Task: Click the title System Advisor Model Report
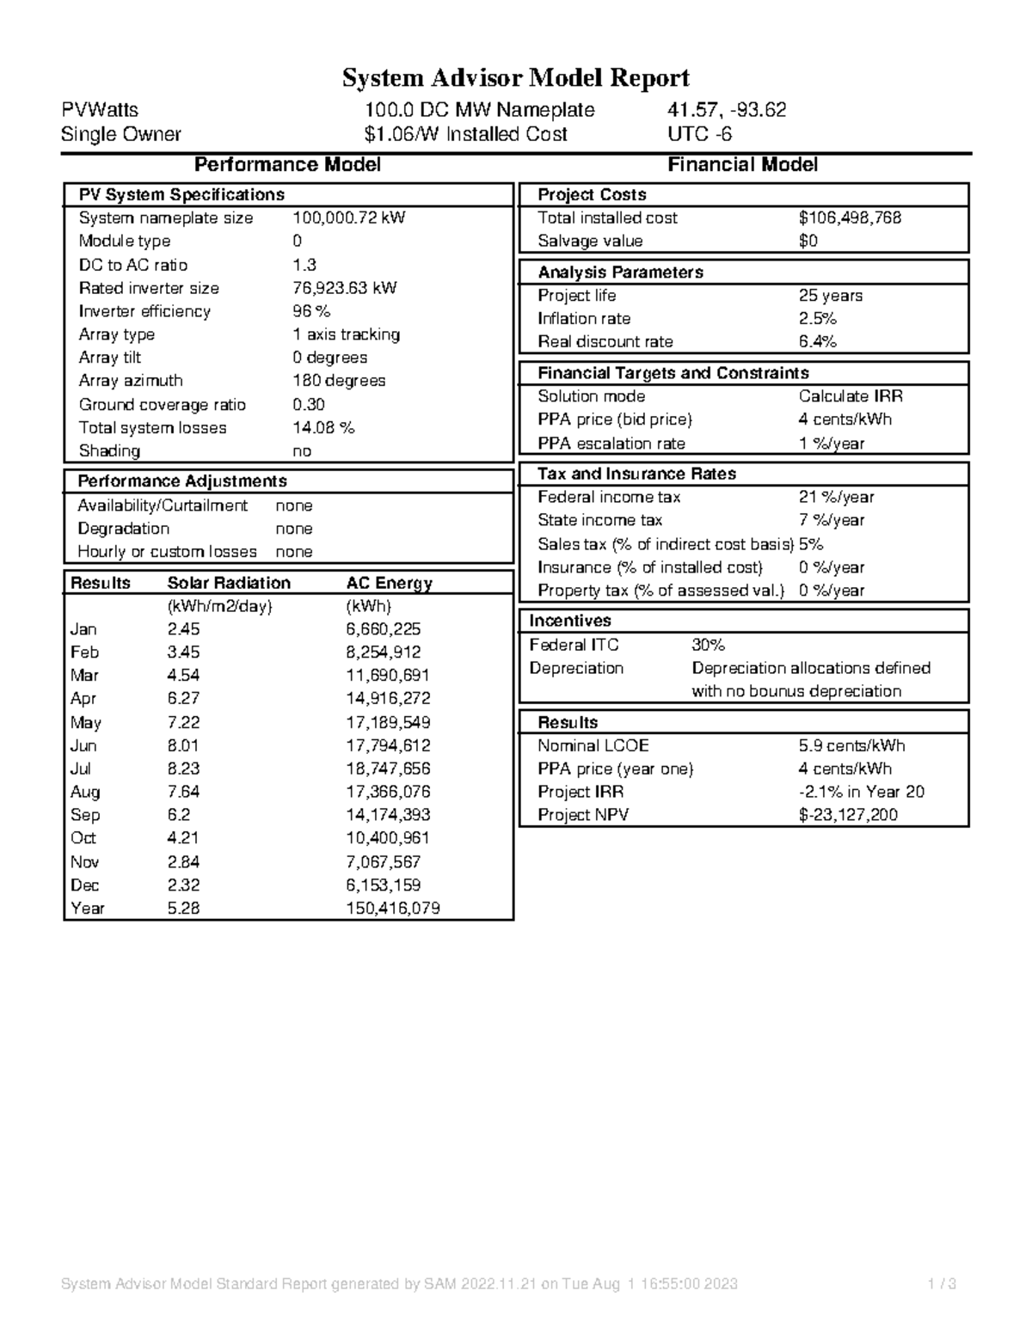516,78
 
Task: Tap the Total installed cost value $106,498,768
850,218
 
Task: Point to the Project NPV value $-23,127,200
848,815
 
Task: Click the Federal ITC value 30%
708,645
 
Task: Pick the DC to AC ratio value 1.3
304,265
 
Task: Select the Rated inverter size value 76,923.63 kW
345,288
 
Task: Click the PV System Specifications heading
181,195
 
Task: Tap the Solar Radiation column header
229,583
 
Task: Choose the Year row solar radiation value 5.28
183,908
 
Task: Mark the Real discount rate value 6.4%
817,341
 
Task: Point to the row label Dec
84,885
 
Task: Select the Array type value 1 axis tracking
346,334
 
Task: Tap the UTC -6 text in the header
699,134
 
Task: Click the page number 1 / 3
942,1284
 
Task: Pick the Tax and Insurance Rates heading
636,474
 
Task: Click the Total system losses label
152,427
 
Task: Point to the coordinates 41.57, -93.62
727,110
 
